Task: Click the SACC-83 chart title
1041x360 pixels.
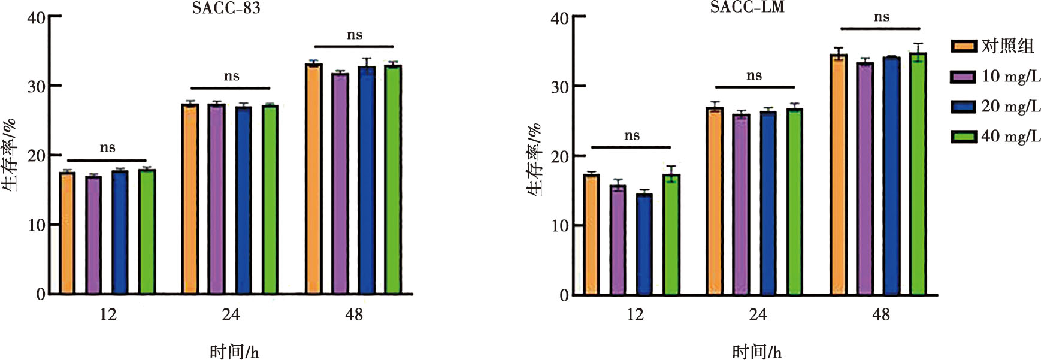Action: tap(226, 8)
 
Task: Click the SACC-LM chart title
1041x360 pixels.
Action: tap(747, 7)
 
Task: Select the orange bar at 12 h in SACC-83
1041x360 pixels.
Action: tap(67, 233)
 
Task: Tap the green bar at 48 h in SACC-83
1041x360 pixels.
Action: tap(393, 180)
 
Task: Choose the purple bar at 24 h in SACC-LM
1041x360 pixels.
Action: tap(741, 204)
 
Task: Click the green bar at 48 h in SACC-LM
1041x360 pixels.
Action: tap(918, 174)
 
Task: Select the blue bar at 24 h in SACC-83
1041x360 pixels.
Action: tap(243, 200)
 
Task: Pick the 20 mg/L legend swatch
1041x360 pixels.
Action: tap(963, 107)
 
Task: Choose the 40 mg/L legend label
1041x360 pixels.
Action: tap(1010, 136)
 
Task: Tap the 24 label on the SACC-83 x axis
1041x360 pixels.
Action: tap(231, 314)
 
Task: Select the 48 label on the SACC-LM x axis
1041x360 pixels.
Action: tap(881, 314)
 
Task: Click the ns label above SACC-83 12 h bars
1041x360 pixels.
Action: tap(107, 148)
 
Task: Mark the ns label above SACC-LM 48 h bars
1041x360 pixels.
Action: tap(881, 17)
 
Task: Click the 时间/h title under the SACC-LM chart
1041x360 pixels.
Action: tap(756, 352)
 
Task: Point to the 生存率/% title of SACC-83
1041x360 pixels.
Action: tap(9, 155)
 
